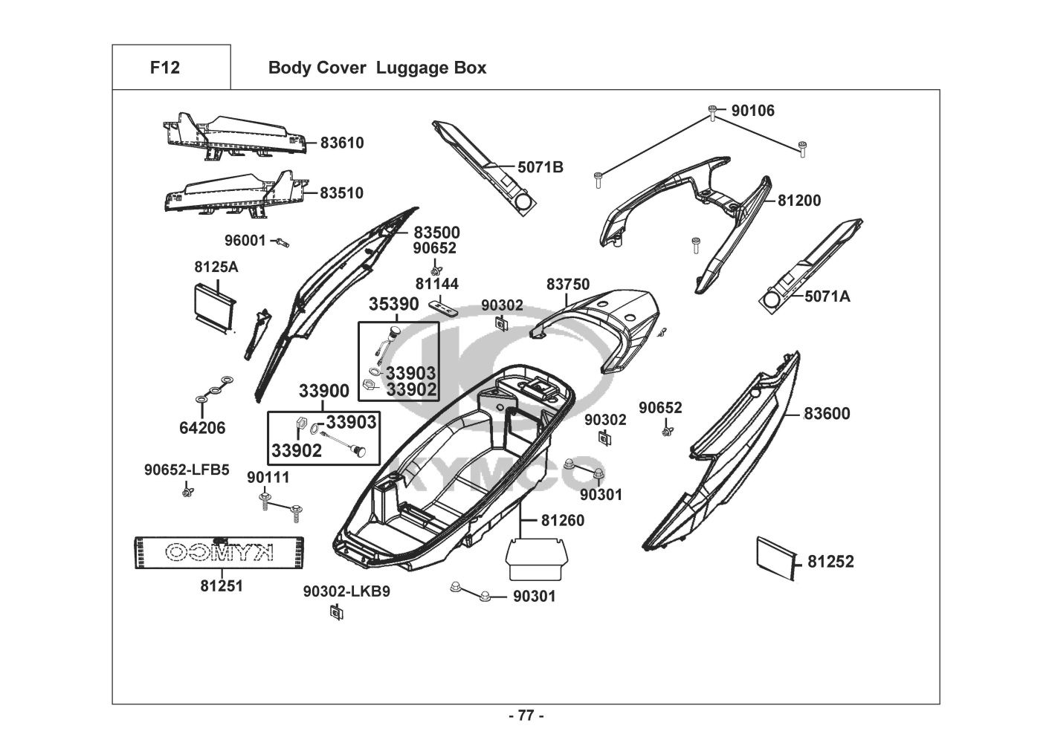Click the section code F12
click(x=164, y=68)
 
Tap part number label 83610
click(x=342, y=143)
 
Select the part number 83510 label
click(x=342, y=193)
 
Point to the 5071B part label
click(x=540, y=167)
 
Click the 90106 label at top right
click(x=752, y=111)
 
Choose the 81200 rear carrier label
click(x=799, y=201)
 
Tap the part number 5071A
click(x=827, y=296)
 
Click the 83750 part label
click(x=568, y=285)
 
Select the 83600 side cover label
click(x=827, y=414)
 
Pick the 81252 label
click(x=831, y=562)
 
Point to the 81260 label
click(x=563, y=520)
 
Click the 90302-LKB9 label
click(x=346, y=591)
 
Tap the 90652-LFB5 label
click(x=187, y=470)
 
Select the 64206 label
click(x=202, y=428)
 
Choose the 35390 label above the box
click(x=394, y=305)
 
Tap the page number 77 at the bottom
click(x=526, y=716)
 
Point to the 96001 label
click(x=245, y=241)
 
